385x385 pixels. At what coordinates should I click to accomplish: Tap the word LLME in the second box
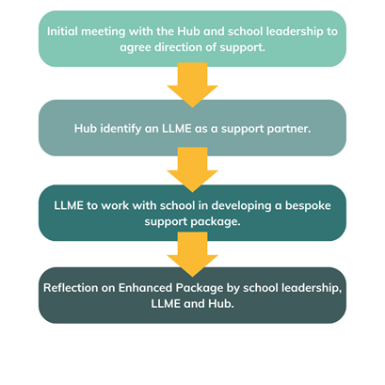[x=176, y=129]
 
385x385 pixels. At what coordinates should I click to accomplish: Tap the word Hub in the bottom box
[x=221, y=304]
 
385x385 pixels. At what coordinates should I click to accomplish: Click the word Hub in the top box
[x=188, y=31]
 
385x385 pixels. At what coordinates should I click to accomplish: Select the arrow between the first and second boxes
[x=192, y=85]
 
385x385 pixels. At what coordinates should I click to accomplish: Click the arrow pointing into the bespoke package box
[x=192, y=169]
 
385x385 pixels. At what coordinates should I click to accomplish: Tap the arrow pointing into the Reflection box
[x=192, y=254]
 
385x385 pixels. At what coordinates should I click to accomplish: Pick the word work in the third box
[x=115, y=206]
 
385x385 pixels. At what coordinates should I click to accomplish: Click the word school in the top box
[x=246, y=31]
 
